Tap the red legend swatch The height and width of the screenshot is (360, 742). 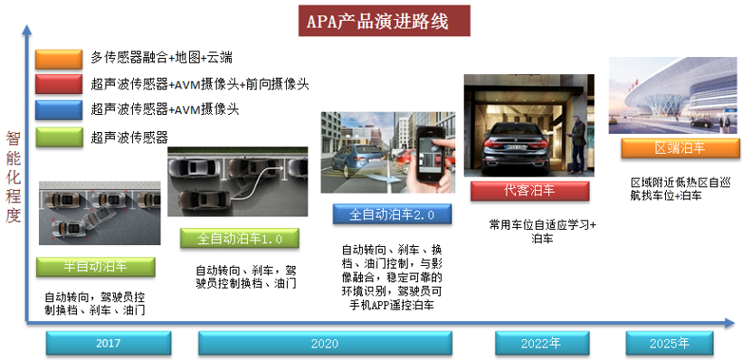[x=59, y=84]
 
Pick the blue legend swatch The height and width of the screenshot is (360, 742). [x=59, y=110]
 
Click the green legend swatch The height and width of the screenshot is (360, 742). [x=59, y=137]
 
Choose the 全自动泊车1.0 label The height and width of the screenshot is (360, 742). [x=240, y=240]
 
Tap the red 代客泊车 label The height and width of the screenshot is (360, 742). [x=529, y=191]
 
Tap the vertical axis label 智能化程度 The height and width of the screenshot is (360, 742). [x=13, y=176]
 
